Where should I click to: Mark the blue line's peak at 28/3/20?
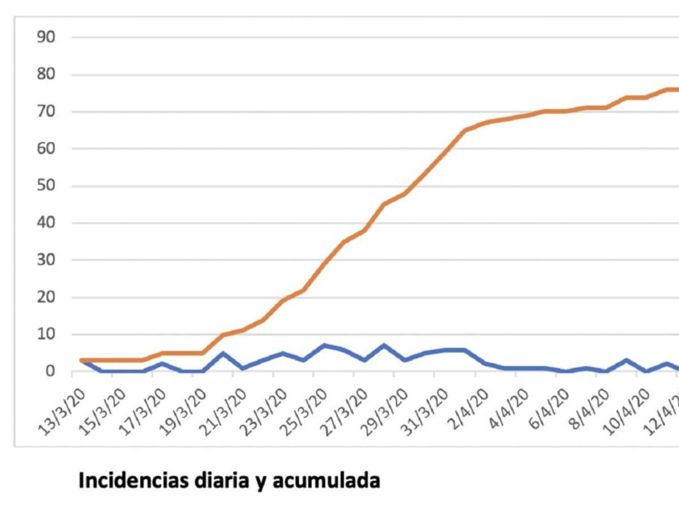coord(384,345)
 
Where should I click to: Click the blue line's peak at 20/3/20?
coord(223,353)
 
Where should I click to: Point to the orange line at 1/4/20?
coord(465,131)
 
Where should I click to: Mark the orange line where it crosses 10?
coord(223,335)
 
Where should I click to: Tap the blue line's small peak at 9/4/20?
coord(626,360)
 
